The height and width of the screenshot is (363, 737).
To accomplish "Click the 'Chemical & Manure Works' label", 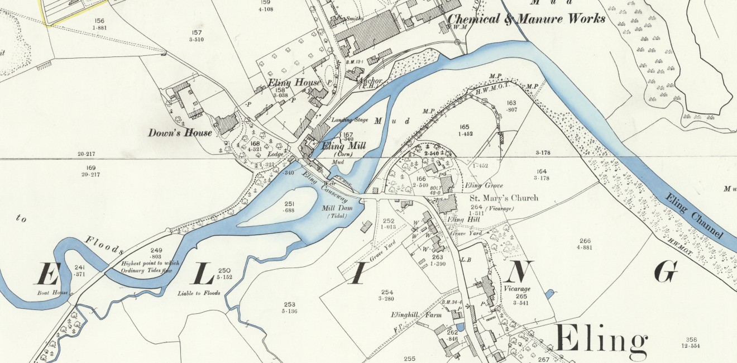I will click(x=527, y=19).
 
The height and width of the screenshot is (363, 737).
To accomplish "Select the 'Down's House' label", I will click(x=180, y=133).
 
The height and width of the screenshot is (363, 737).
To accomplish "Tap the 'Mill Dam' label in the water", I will click(x=334, y=208).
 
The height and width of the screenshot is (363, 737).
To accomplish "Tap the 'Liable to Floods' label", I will click(x=199, y=293).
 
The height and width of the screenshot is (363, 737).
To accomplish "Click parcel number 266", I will click(x=585, y=241).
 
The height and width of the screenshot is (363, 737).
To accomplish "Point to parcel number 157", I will click(x=196, y=32).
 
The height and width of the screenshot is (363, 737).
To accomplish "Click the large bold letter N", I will click(x=518, y=272).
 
